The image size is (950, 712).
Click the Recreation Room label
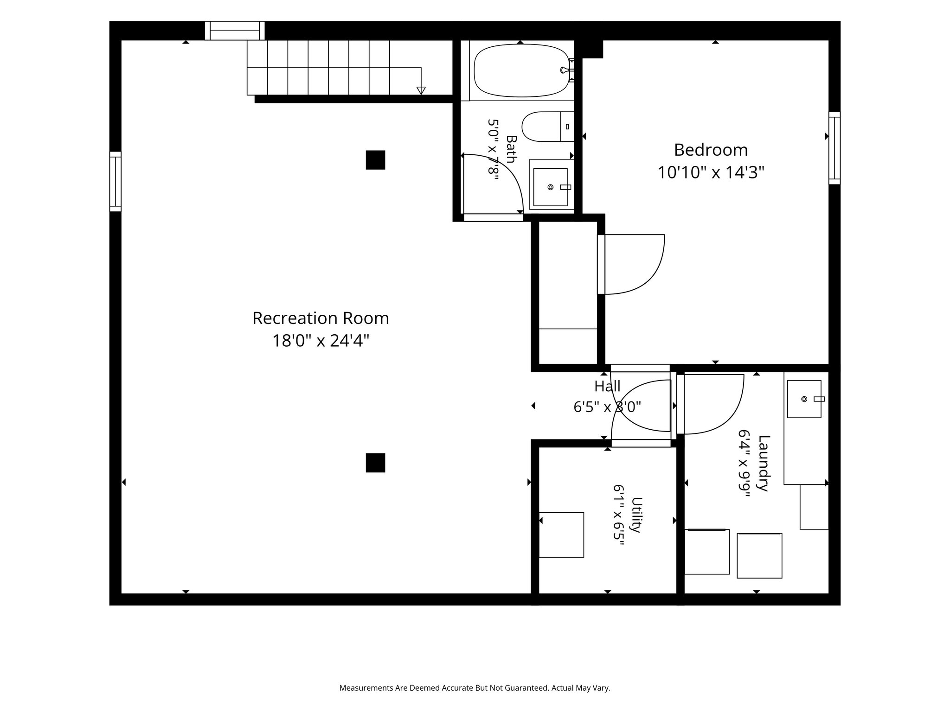coord(321,318)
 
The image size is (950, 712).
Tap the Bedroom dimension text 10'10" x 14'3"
coord(711,173)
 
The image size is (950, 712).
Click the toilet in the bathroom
coord(548,127)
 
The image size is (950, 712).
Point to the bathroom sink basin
coord(551,187)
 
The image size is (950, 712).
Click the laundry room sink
coord(804,399)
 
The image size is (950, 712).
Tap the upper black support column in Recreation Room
coord(375,160)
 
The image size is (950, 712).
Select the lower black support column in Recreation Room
coord(375,463)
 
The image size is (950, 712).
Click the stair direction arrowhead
coord(421,90)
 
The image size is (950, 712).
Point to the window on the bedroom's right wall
coord(834,148)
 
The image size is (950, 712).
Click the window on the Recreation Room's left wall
coord(116,181)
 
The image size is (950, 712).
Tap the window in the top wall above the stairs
coord(235,31)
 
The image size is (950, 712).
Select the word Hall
coord(607,386)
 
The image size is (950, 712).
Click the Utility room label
coord(637,515)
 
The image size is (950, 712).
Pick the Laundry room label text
coord(763,463)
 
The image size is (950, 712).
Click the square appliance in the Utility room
coord(561,535)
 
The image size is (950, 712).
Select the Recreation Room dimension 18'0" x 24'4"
coord(321,341)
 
